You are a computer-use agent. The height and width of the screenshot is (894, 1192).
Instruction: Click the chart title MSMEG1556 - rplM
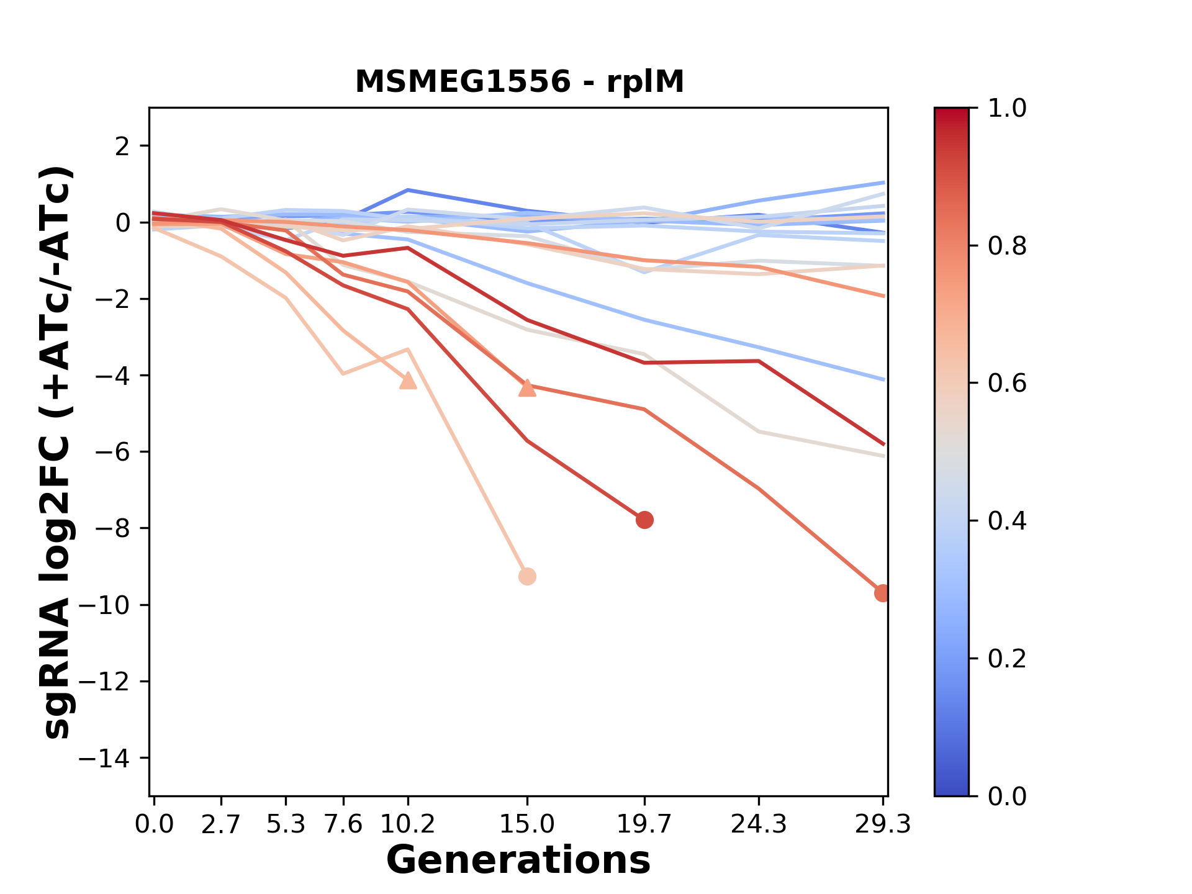coord(519,82)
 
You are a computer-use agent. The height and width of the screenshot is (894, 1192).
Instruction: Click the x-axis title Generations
coord(518,860)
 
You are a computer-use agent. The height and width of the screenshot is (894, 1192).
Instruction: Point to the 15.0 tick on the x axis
coord(527,824)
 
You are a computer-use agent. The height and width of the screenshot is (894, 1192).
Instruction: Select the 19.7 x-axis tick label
coord(644,824)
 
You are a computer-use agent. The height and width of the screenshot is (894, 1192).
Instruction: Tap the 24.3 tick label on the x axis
coord(759,824)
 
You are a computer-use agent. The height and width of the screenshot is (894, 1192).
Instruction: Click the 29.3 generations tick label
coord(883,824)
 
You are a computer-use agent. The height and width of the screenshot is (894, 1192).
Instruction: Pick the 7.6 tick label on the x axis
coord(343,824)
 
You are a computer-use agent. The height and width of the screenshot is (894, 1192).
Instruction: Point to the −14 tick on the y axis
coord(113,758)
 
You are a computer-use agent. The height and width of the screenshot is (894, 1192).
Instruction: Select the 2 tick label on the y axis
coord(124,147)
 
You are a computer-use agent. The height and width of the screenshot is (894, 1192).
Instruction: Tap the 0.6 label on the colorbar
coord(1007,384)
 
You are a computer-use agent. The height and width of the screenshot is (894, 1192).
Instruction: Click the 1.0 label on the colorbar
coord(1007,109)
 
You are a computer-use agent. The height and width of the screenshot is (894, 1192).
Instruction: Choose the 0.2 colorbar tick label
coord(1007,659)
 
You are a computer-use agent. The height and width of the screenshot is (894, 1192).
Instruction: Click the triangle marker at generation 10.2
coord(408,381)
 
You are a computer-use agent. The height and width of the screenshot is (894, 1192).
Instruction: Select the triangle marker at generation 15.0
coord(527,388)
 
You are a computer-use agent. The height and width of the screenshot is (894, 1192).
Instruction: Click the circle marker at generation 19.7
coord(644,520)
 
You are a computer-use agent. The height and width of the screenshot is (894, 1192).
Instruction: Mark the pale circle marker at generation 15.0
coord(527,577)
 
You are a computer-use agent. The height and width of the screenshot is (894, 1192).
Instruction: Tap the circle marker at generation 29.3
coord(882,594)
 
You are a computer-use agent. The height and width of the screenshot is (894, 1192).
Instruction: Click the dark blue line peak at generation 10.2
coord(408,190)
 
